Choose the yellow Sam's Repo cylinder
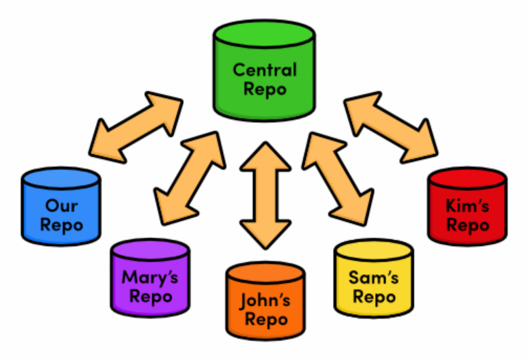pos(373,281)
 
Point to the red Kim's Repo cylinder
pos(467,209)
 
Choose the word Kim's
pos(467,207)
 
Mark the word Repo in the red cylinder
pos(467,225)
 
